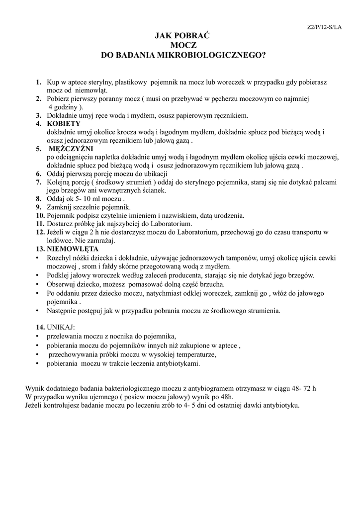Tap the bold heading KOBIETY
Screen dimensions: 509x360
pos(64,123)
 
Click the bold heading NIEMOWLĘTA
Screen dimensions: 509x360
pos(73,249)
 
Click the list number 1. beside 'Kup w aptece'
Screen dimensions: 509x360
pos(38,82)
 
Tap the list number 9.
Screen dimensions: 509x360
pos(38,207)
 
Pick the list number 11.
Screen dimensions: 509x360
pos(40,224)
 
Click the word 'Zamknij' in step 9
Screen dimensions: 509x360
pos(60,207)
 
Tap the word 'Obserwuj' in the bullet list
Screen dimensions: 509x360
pos(62,284)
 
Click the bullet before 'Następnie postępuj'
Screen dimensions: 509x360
pos(38,311)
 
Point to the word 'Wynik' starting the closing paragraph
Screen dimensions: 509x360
pos(35,389)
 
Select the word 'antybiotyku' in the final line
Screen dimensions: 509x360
pos(281,406)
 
